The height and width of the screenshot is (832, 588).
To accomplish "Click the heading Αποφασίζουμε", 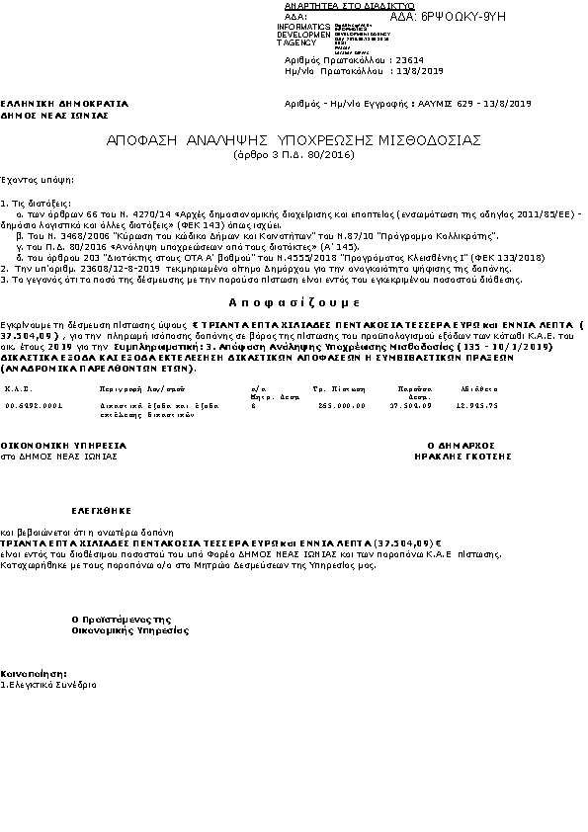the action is pyautogui.click(x=293, y=300).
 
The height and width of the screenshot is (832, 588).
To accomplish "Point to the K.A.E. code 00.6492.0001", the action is pyautogui.click(x=34, y=405).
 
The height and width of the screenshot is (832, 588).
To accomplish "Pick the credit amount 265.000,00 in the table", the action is pyautogui.click(x=342, y=405).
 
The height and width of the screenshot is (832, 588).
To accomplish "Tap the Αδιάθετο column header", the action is pyautogui.click(x=478, y=389).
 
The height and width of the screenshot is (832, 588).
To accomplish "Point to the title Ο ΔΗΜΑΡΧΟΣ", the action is pyautogui.click(x=457, y=446).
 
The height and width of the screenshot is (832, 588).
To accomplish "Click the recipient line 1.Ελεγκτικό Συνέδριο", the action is pyautogui.click(x=48, y=684).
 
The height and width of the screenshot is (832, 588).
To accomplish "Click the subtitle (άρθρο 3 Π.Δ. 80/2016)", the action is pyautogui.click(x=294, y=156).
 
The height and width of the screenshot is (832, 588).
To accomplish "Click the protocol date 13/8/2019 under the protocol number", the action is pyautogui.click(x=418, y=71).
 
